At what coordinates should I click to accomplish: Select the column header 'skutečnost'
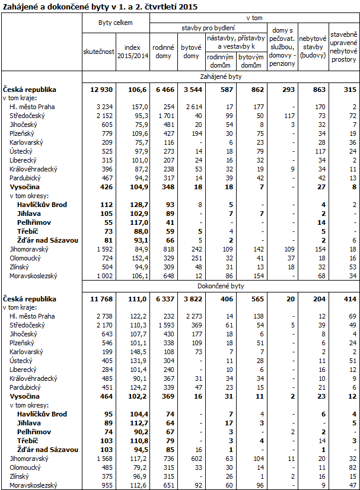98,52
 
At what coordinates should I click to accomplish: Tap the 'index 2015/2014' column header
133,52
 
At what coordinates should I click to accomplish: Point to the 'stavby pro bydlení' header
208,28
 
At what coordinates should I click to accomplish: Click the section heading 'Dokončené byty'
221,285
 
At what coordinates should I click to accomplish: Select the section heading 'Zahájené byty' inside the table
221,76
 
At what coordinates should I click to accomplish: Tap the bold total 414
348,299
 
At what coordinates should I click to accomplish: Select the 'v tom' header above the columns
256,18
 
